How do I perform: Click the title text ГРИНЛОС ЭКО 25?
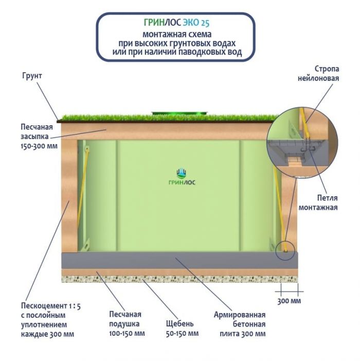point(177,23)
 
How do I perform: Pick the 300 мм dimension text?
point(289,301)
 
